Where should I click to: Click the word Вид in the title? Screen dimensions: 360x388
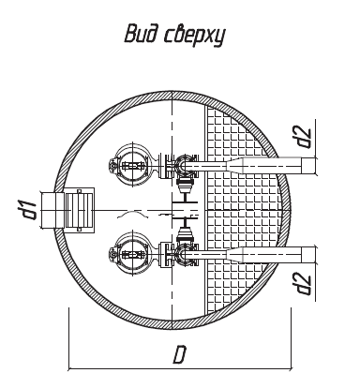point(142,34)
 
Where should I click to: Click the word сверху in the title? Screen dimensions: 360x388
point(194,36)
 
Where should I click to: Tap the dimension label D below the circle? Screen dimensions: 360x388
point(180,354)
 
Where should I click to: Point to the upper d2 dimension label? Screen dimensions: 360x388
point(304,138)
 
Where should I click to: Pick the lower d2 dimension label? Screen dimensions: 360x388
point(304,284)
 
